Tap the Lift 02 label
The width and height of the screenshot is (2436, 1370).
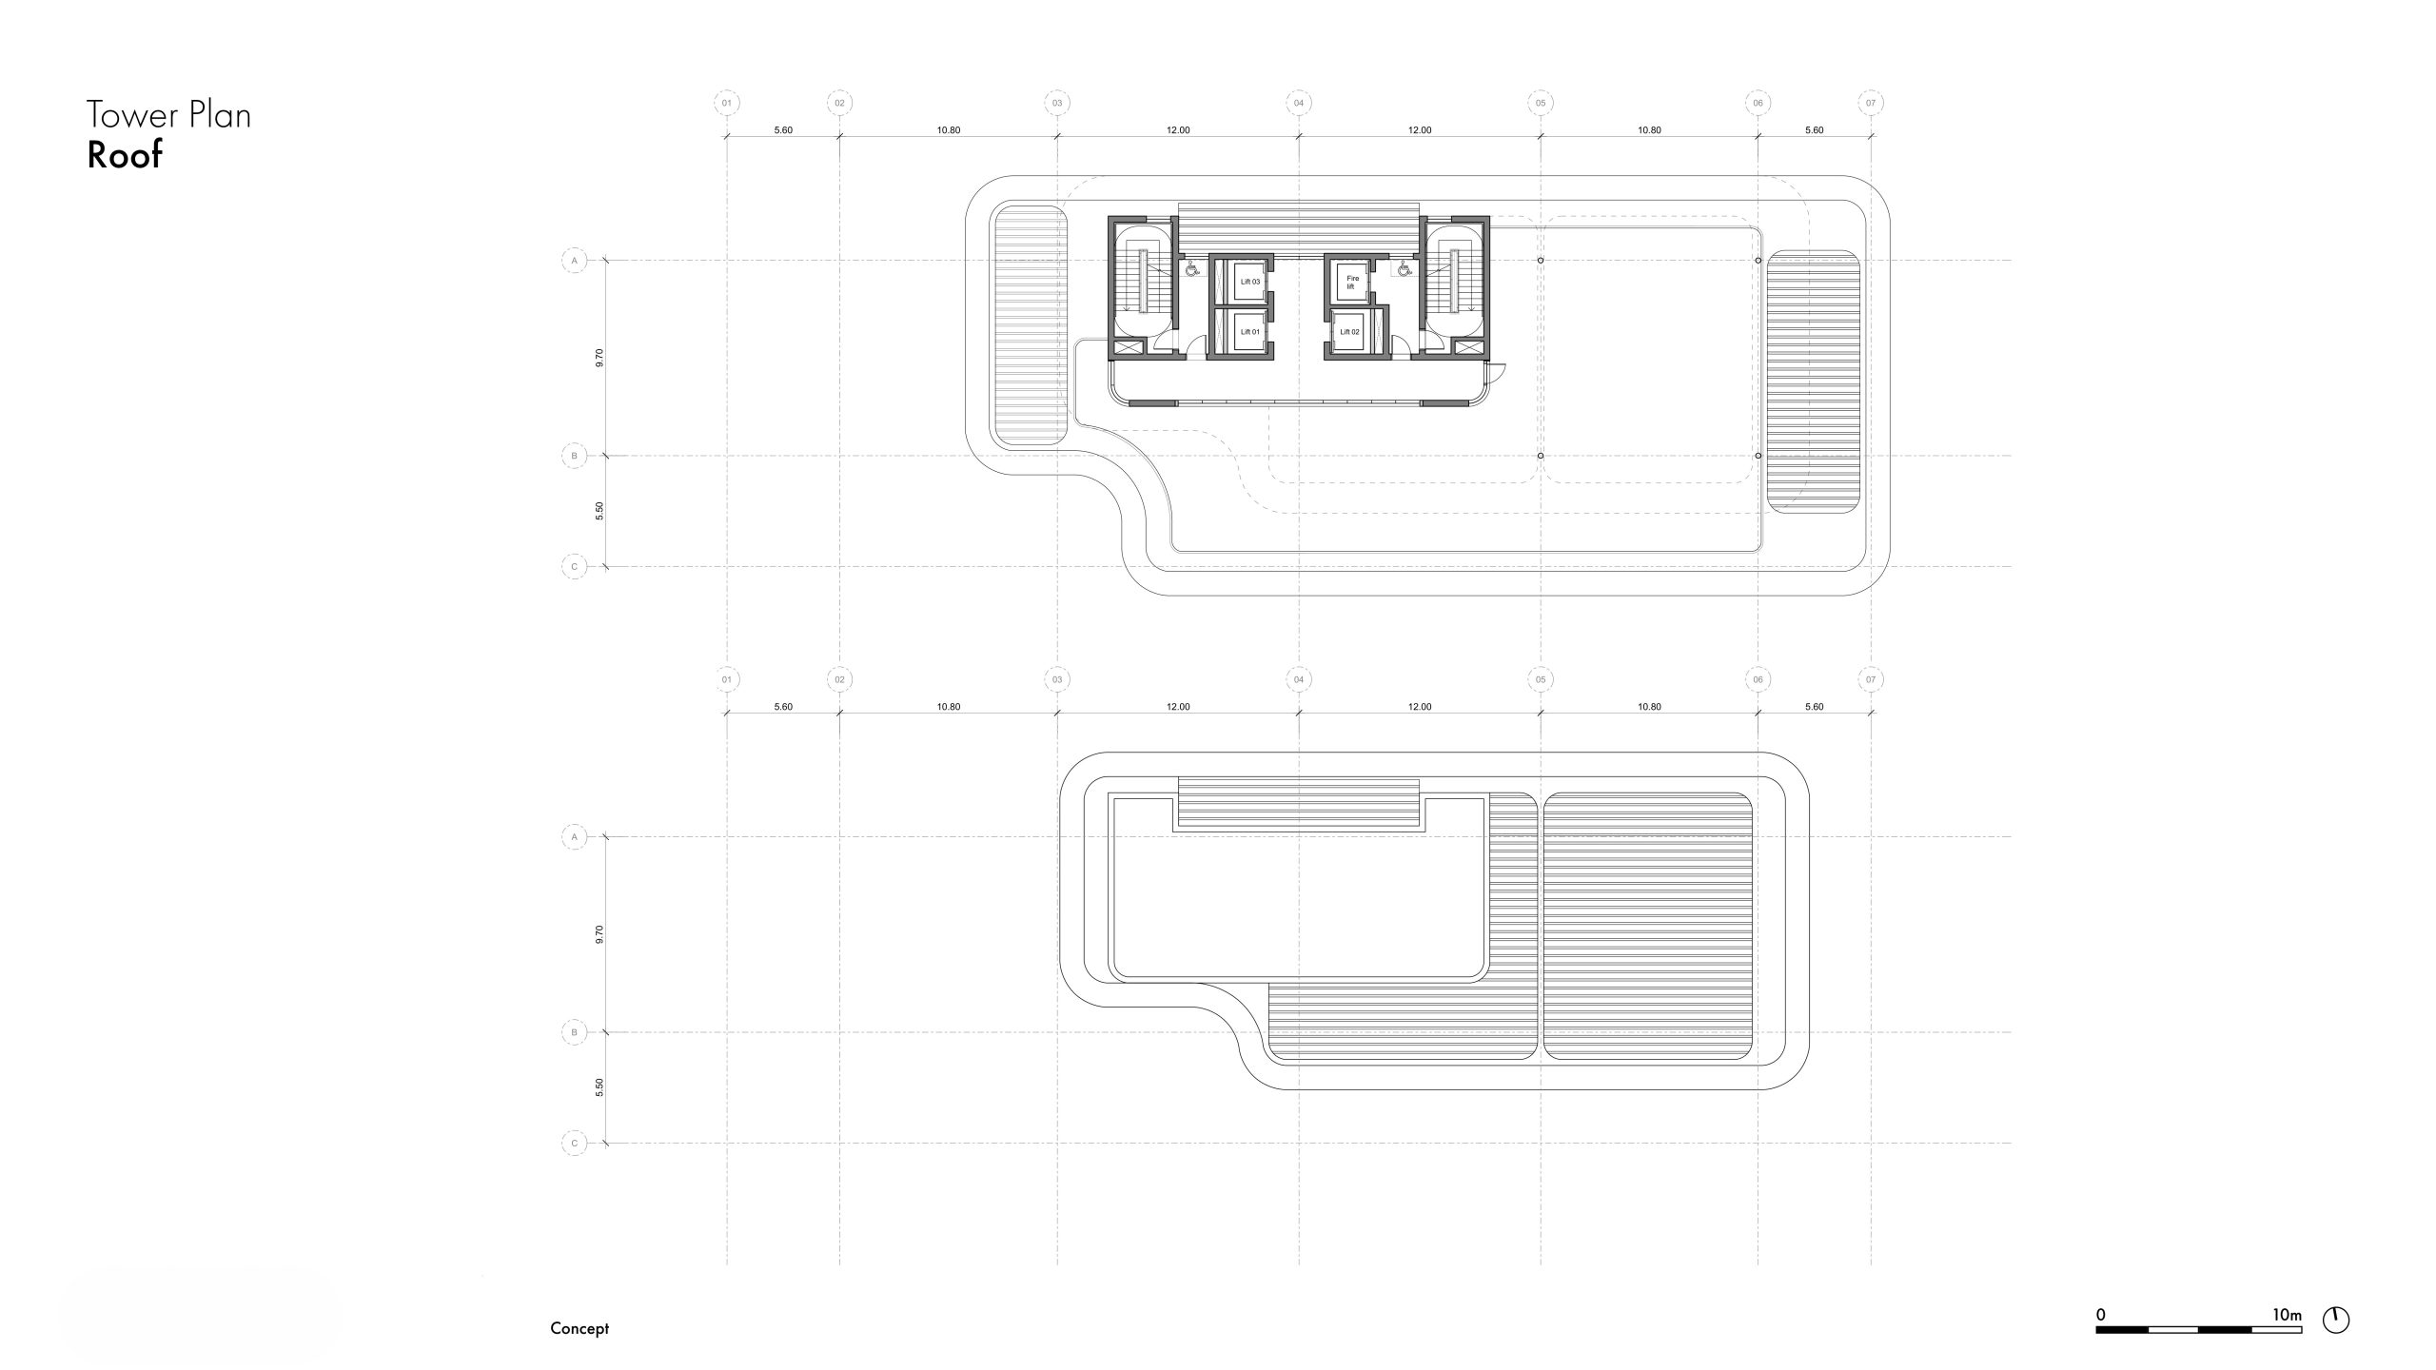1349,332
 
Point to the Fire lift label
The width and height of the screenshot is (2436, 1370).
1352,282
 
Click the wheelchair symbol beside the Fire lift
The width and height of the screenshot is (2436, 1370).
1404,269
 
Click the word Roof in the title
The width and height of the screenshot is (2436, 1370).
125,154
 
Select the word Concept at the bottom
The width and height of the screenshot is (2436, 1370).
580,1328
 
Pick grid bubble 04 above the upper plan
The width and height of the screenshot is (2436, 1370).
1299,103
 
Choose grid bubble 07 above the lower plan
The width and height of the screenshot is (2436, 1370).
1871,679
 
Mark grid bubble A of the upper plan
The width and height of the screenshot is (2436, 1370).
574,260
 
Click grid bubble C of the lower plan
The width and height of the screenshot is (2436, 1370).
574,1143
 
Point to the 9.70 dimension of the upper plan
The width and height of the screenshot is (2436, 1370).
599,358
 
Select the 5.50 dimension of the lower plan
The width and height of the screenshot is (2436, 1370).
599,1087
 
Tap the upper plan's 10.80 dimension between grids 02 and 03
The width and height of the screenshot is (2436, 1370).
949,130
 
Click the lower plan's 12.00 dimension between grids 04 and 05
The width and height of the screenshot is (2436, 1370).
1420,707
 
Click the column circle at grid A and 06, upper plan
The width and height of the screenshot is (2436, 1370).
1758,260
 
